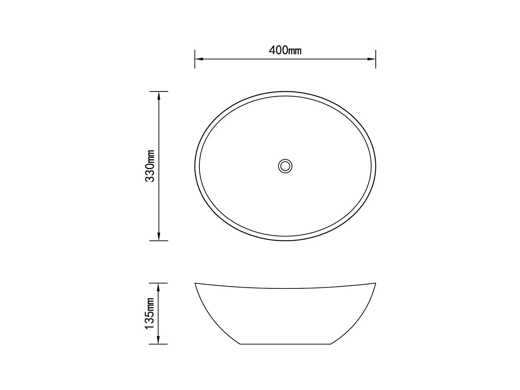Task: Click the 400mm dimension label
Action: tap(285, 51)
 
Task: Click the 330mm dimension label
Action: tap(150, 166)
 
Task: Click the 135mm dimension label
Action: tap(150, 313)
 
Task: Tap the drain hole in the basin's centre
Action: tap(285, 166)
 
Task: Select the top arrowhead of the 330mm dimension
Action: tap(159, 95)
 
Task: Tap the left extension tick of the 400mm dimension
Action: tap(195, 59)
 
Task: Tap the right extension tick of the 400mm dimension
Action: tap(376, 59)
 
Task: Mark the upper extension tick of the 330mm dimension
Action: tap(159, 92)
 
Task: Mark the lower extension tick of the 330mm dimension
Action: tap(159, 240)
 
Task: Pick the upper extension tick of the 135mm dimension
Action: tap(158, 283)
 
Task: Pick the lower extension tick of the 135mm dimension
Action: tap(158, 344)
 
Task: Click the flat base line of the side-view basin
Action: tap(285, 344)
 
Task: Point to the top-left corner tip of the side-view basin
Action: tap(195, 284)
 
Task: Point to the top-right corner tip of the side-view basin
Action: tap(375, 284)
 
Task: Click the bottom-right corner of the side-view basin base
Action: tap(330, 344)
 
